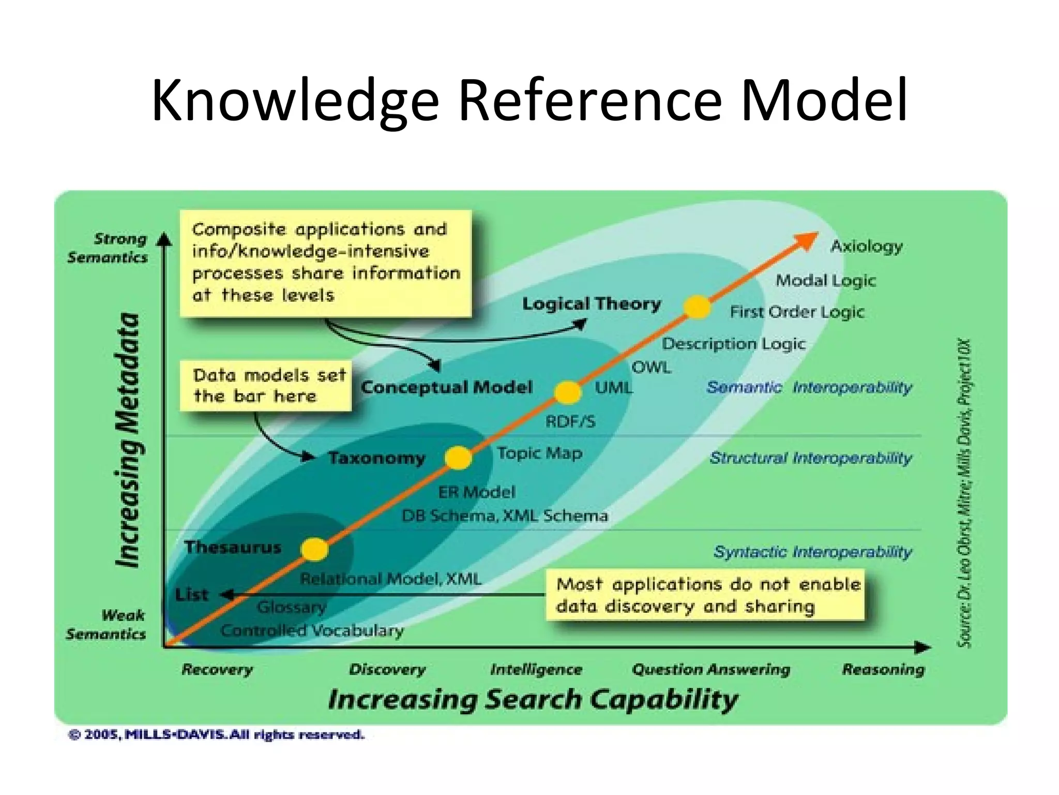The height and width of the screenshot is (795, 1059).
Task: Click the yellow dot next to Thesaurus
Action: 314,549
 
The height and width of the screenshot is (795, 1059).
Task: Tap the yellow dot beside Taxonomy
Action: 458,458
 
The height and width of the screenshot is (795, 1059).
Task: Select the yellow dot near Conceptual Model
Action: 568,392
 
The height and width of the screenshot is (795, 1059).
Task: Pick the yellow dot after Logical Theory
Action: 697,307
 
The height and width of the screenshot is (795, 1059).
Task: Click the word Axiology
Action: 867,246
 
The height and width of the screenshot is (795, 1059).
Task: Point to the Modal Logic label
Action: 826,281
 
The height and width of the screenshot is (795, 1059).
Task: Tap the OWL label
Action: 652,367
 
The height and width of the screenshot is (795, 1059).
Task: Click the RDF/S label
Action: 570,422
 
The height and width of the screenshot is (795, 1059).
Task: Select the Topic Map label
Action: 539,453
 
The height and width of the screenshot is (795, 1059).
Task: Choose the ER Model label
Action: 477,492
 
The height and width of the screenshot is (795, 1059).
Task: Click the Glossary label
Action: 292,607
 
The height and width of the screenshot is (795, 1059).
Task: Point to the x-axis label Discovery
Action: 387,669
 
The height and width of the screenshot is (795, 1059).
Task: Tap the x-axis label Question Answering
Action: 711,669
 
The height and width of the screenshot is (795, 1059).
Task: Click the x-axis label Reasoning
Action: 883,669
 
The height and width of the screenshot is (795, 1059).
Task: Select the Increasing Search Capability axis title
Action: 533,699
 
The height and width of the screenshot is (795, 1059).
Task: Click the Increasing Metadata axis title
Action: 128,440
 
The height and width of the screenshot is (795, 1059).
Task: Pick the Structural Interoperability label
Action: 810,458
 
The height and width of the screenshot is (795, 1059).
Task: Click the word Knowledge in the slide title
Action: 295,100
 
